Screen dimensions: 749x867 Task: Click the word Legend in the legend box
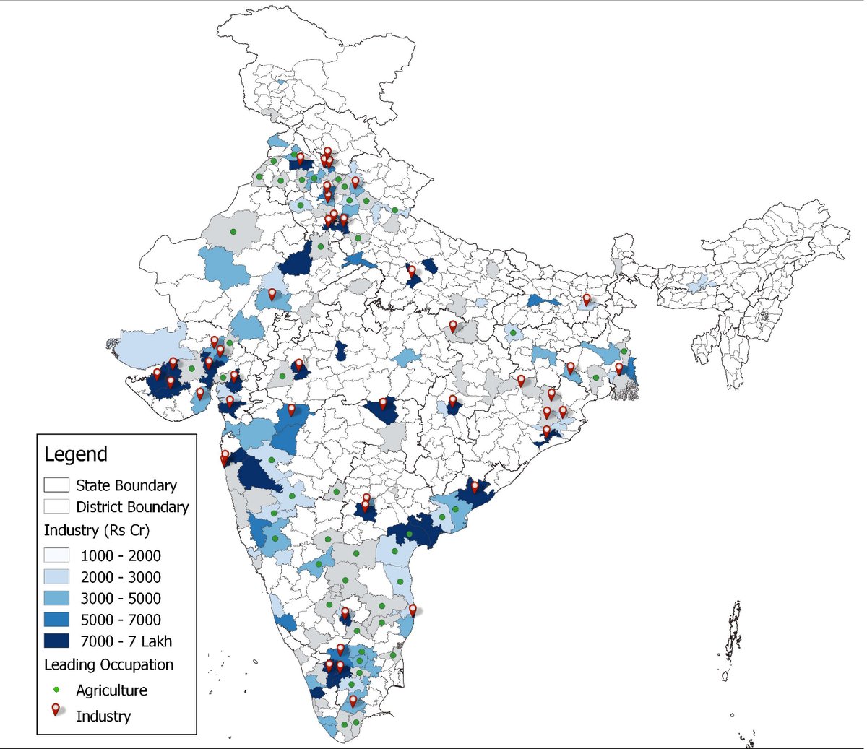pyautogui.click(x=76, y=454)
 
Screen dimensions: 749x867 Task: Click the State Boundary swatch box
pyautogui.click(x=56, y=485)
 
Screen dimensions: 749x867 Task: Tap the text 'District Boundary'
pyautogui.click(x=132, y=507)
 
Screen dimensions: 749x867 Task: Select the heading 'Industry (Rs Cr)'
pyautogui.click(x=97, y=530)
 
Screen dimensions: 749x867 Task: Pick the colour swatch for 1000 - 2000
pyautogui.click(x=56, y=555)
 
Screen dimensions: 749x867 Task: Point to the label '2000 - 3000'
pyautogui.click(x=121, y=577)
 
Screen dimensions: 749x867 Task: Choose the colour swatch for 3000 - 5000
pyautogui.click(x=56, y=598)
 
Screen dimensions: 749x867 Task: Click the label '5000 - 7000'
pyautogui.click(x=121, y=620)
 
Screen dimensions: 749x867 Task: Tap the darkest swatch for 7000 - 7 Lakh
pyautogui.click(x=56, y=641)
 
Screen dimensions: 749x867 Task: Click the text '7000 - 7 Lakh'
pyautogui.click(x=126, y=641)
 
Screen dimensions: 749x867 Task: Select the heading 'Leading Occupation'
pyautogui.click(x=109, y=664)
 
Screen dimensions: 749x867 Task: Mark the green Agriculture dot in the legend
pyautogui.click(x=56, y=690)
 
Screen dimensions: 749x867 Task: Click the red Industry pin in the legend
pyautogui.click(x=56, y=711)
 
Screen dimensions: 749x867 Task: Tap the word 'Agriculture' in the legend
pyautogui.click(x=111, y=690)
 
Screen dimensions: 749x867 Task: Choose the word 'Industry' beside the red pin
pyautogui.click(x=103, y=716)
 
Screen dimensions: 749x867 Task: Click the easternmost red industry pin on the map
pyautogui.click(x=618, y=368)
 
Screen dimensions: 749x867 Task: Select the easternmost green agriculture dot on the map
pyautogui.click(x=624, y=351)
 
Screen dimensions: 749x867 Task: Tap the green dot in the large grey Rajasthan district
pyautogui.click(x=233, y=232)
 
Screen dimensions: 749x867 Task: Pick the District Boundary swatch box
pyautogui.click(x=56, y=506)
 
